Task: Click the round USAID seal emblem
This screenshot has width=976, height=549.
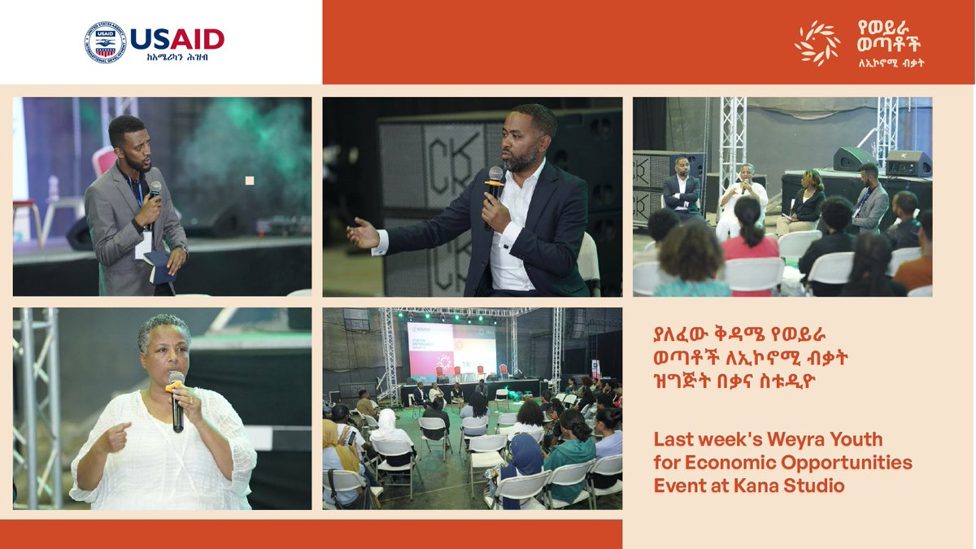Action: click(x=105, y=42)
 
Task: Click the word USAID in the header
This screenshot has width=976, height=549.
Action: click(x=176, y=37)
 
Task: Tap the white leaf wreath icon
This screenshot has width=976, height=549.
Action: click(x=817, y=43)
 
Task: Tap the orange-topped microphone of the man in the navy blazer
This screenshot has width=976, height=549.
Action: click(x=495, y=186)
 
